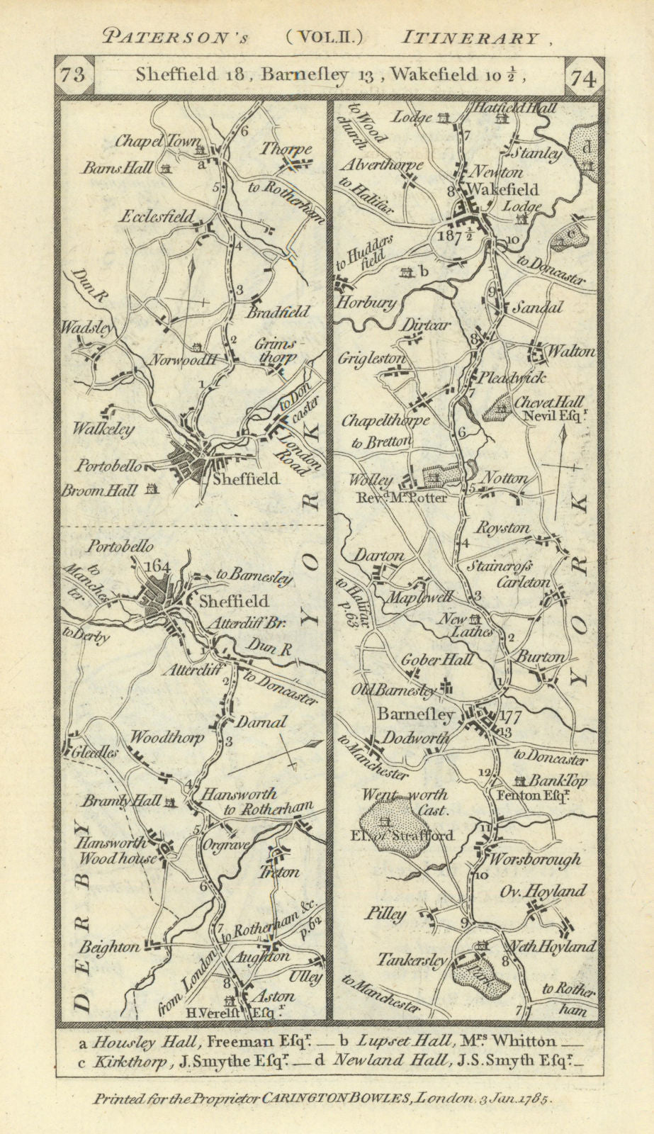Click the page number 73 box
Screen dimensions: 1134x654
[72, 75]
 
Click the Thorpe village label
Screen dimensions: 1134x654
[286, 150]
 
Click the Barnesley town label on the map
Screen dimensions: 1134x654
[415, 715]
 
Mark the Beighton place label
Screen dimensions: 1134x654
[109, 945]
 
